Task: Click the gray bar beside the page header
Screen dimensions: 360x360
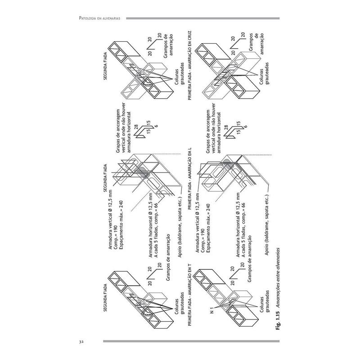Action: (202, 18)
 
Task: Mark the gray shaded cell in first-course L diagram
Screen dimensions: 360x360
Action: (228, 163)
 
